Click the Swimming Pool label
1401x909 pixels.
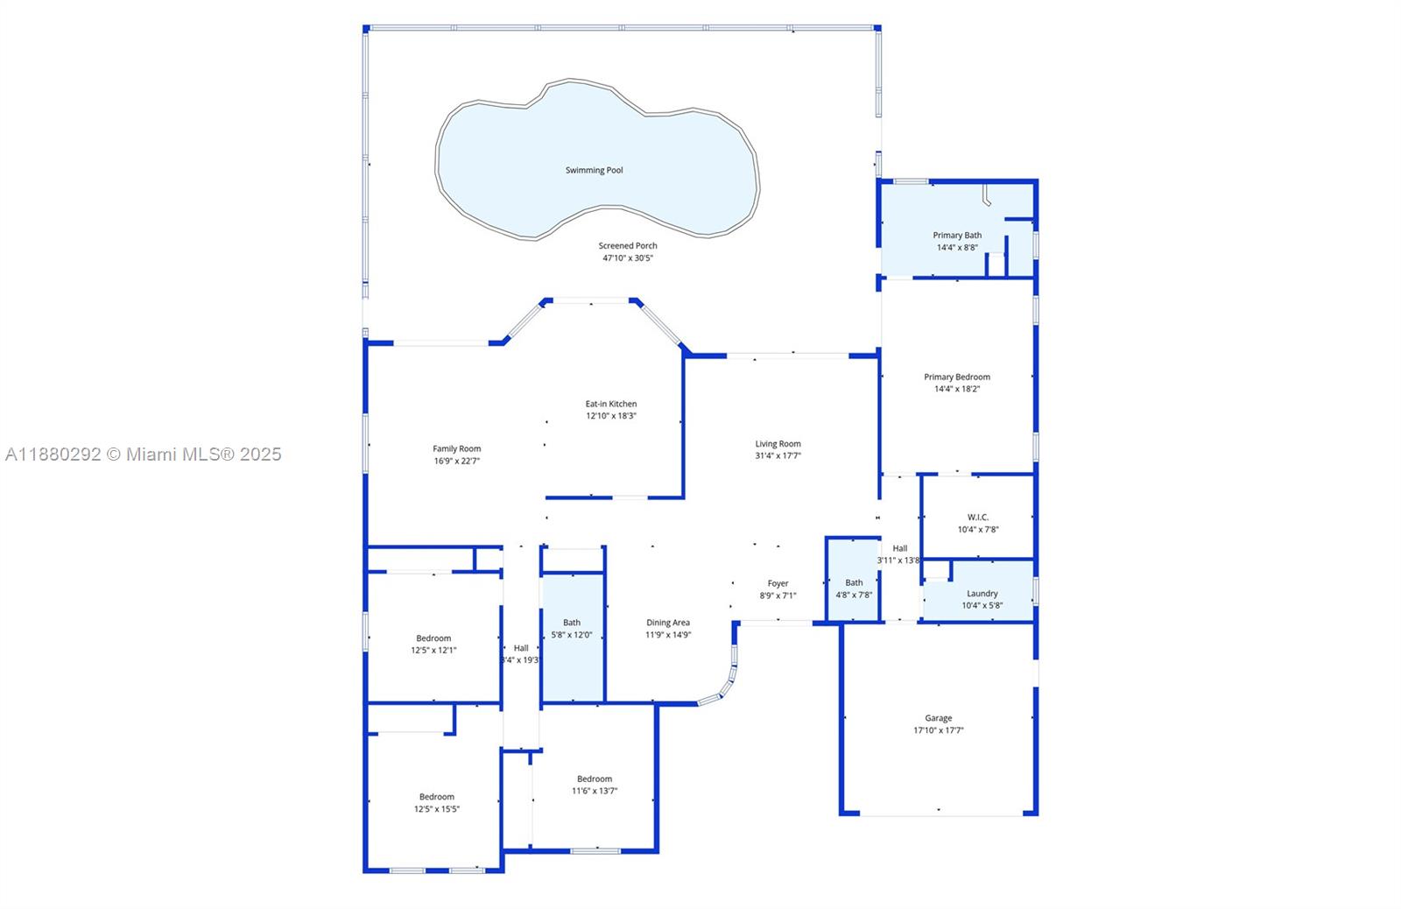click(x=594, y=170)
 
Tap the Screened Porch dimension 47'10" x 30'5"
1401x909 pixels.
click(x=628, y=258)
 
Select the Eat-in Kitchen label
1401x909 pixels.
click(x=611, y=404)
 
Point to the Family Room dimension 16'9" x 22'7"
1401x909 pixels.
click(x=457, y=461)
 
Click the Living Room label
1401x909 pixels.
click(x=778, y=444)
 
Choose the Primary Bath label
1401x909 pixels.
click(x=957, y=235)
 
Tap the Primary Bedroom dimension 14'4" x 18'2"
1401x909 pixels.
click(x=957, y=389)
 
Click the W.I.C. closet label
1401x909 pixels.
click(x=978, y=517)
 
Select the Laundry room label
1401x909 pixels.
click(x=982, y=593)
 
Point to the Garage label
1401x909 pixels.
click(x=938, y=718)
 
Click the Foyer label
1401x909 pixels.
click(x=778, y=583)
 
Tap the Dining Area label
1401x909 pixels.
click(x=668, y=623)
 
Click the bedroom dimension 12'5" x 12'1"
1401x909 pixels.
click(x=433, y=650)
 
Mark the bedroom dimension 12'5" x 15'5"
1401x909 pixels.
click(x=436, y=809)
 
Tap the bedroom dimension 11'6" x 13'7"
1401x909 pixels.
click(x=595, y=791)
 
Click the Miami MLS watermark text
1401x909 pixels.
click(x=144, y=454)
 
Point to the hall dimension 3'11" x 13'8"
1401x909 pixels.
click(x=899, y=560)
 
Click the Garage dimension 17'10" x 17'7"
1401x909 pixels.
click(x=938, y=730)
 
